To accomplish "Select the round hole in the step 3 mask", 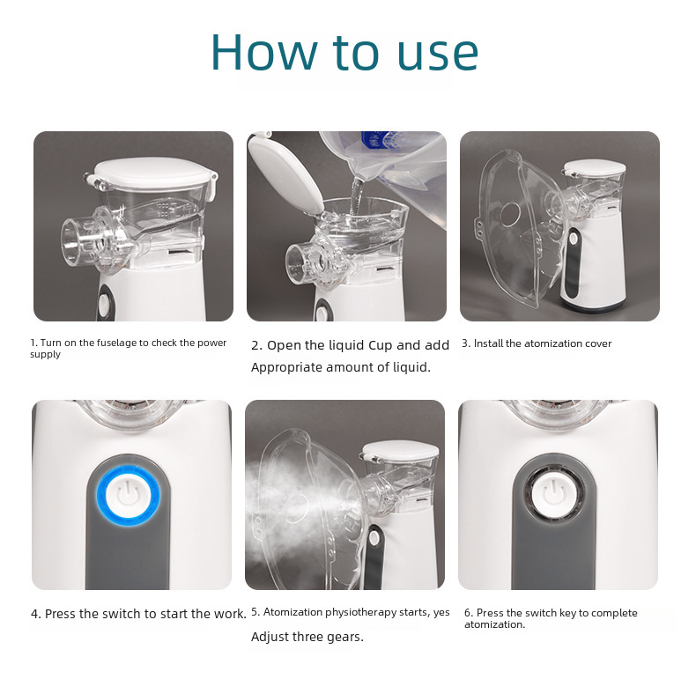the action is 509,213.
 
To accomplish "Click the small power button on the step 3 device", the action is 574,239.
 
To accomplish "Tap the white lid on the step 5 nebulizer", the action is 400,449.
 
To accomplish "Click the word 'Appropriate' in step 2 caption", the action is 285,367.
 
